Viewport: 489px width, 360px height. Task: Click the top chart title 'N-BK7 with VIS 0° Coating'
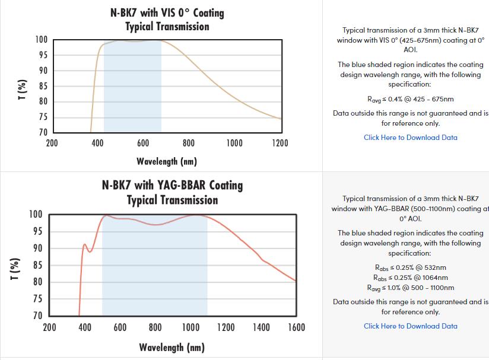(x=167, y=12)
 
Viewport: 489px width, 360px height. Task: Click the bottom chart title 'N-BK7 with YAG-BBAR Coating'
(x=172, y=184)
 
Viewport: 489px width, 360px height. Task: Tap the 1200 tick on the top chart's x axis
(x=280, y=143)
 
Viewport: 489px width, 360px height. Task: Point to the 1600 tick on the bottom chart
(x=296, y=327)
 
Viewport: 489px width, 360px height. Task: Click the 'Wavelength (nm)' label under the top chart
(x=166, y=161)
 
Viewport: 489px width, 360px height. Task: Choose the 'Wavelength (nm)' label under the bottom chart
(x=172, y=347)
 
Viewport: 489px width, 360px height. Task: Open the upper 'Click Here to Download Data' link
(x=410, y=138)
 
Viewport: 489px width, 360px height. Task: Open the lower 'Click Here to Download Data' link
(x=410, y=326)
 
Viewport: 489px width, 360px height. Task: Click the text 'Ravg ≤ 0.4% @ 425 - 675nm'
(x=410, y=99)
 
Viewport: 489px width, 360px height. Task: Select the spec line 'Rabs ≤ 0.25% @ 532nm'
(x=410, y=267)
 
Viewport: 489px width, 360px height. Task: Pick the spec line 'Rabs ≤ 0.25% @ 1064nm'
(x=410, y=278)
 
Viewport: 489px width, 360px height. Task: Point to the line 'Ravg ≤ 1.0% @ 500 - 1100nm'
(x=410, y=288)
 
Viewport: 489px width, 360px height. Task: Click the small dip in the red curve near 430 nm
(x=90, y=252)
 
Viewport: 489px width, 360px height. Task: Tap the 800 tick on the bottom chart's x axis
(x=155, y=327)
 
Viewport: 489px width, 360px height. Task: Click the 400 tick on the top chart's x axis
(x=97, y=143)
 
